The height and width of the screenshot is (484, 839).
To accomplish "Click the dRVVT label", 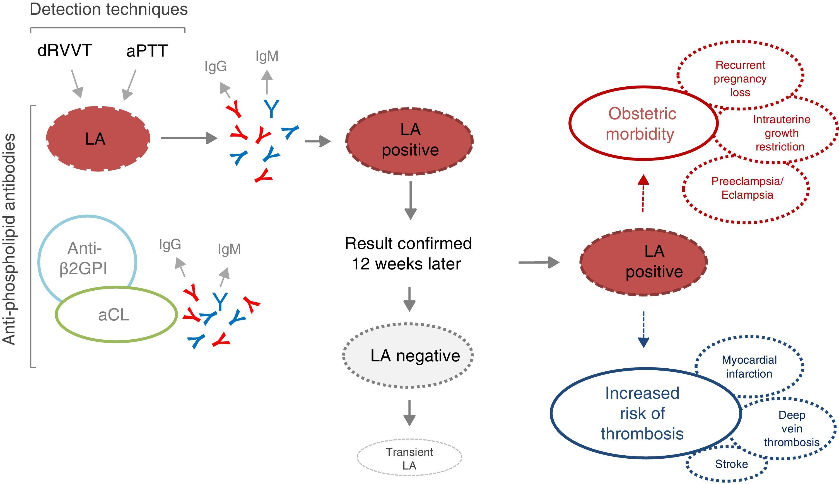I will (x=64, y=50).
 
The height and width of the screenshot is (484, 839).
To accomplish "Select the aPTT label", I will (x=147, y=51).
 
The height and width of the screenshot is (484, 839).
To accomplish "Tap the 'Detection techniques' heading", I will (x=109, y=9).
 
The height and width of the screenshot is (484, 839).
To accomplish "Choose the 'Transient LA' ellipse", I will (x=409, y=458).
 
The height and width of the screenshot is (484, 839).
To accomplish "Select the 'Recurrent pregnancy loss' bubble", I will (x=740, y=79).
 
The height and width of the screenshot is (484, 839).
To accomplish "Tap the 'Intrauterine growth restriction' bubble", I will (x=781, y=133).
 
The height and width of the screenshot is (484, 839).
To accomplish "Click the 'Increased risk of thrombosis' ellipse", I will (x=642, y=413).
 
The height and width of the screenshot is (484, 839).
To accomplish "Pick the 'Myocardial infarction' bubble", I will (x=749, y=367).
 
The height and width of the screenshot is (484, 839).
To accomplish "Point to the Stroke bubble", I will (x=731, y=464).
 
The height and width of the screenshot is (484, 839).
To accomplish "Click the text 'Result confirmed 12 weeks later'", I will (x=408, y=254).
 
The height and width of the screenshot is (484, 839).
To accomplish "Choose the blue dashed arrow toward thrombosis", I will (x=643, y=329).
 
